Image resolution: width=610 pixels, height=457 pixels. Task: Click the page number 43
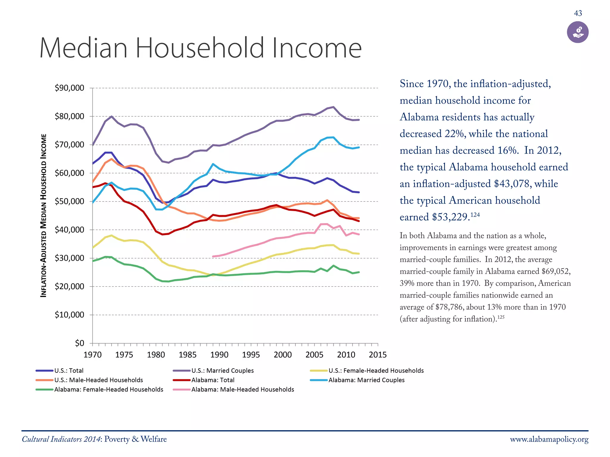click(x=578, y=13)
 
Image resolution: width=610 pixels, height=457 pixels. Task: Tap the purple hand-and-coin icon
click(x=578, y=32)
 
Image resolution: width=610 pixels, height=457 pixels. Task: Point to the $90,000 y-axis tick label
click(x=69, y=88)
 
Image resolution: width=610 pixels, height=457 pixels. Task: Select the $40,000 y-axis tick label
click(x=69, y=230)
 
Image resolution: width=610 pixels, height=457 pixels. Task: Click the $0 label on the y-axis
click(x=80, y=343)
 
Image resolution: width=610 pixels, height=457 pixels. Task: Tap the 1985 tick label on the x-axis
click(x=188, y=355)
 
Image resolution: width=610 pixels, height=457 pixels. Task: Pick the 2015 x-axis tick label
click(x=378, y=355)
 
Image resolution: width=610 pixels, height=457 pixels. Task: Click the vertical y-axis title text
click(x=44, y=215)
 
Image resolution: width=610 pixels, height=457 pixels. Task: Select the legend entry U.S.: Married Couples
click(x=222, y=371)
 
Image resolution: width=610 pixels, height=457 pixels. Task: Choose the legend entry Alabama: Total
click(x=213, y=380)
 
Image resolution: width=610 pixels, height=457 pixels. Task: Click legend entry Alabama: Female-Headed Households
click(x=108, y=390)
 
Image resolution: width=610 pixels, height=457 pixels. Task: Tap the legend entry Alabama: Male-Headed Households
click(x=242, y=390)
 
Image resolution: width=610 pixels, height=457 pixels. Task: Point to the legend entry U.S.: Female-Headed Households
click(x=376, y=371)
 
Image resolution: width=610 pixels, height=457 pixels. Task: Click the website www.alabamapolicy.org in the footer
click(x=549, y=439)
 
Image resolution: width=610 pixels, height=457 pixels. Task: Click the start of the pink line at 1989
click(x=213, y=256)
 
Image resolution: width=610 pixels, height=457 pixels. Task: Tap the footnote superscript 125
click(x=501, y=317)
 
